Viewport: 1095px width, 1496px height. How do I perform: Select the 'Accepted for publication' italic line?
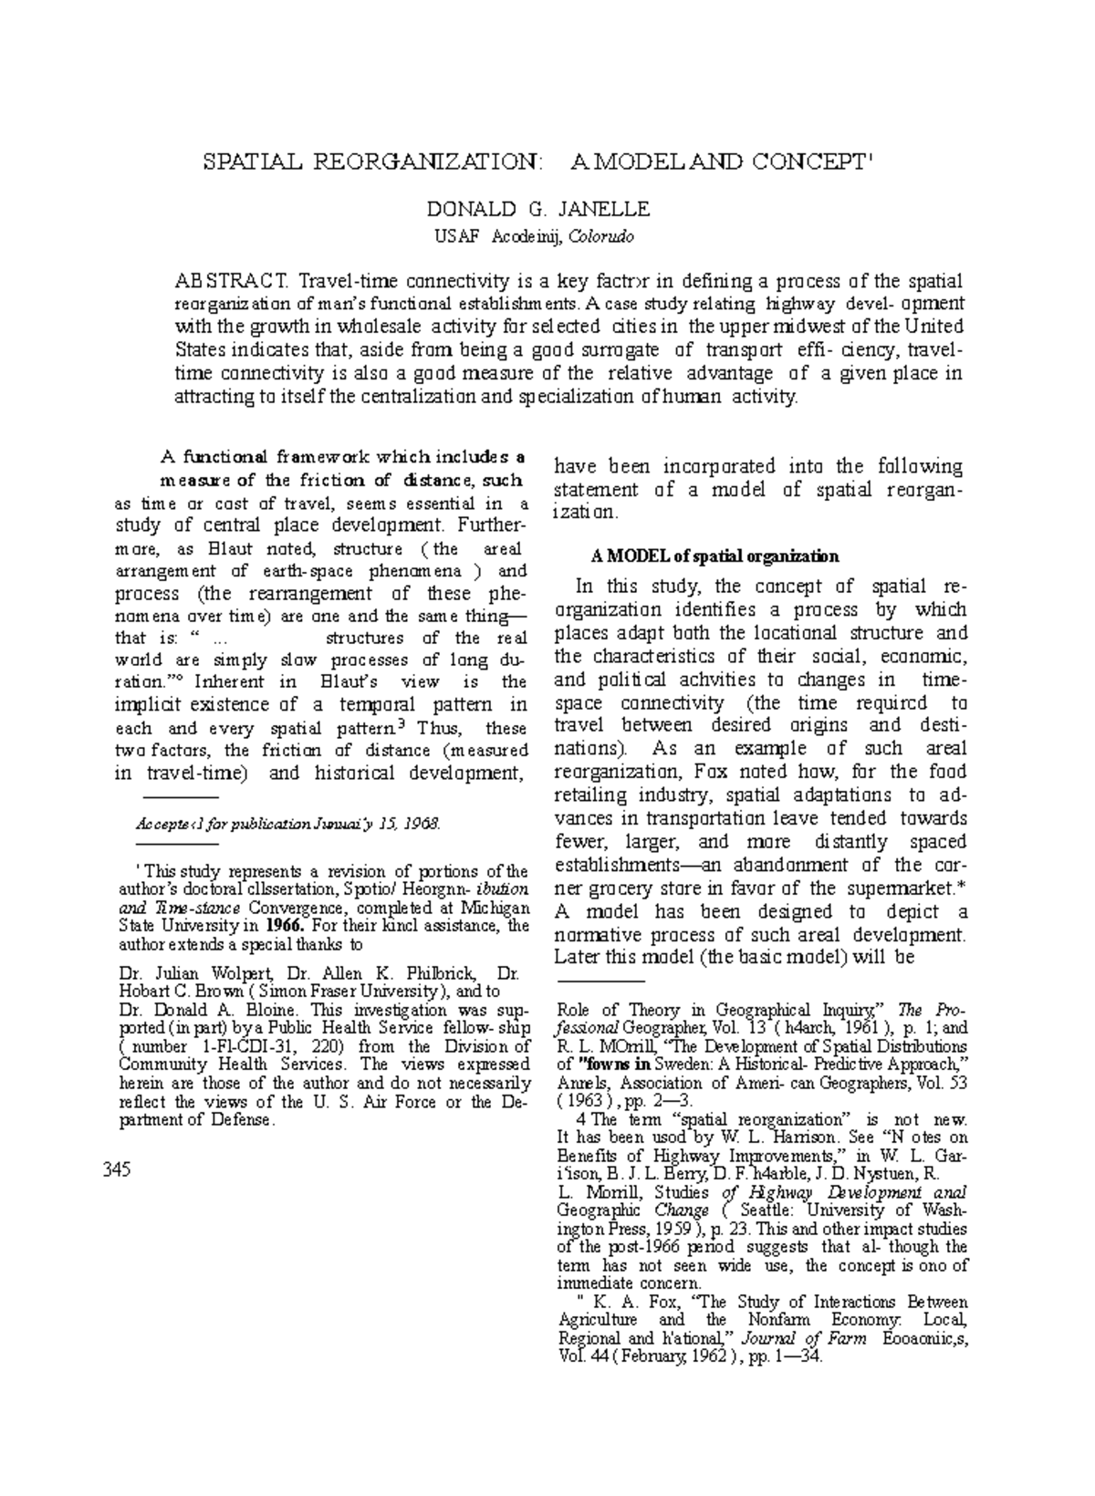287,824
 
